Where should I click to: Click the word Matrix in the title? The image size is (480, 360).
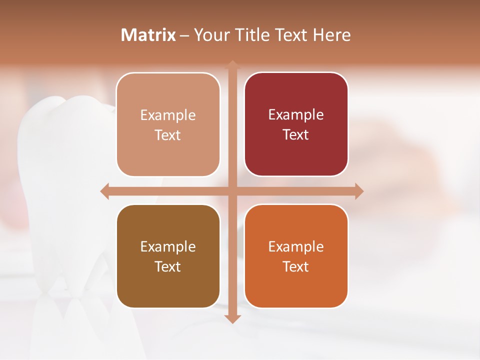click(148, 35)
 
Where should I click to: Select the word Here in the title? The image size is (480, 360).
click(332, 35)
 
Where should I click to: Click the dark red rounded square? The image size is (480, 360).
click(296, 124)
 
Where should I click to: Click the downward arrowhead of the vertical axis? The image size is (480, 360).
click(232, 318)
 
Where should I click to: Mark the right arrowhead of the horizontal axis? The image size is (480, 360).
click(359, 191)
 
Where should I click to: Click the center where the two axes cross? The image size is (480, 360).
click(232, 191)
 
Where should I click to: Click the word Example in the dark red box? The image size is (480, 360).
click(296, 114)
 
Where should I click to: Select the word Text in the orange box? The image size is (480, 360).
click(296, 266)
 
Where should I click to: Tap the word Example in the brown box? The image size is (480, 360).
click(168, 246)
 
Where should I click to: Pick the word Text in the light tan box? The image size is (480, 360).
click(168, 135)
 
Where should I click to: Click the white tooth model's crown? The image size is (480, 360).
click(60, 130)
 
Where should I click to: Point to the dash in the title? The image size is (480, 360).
click(184, 35)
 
